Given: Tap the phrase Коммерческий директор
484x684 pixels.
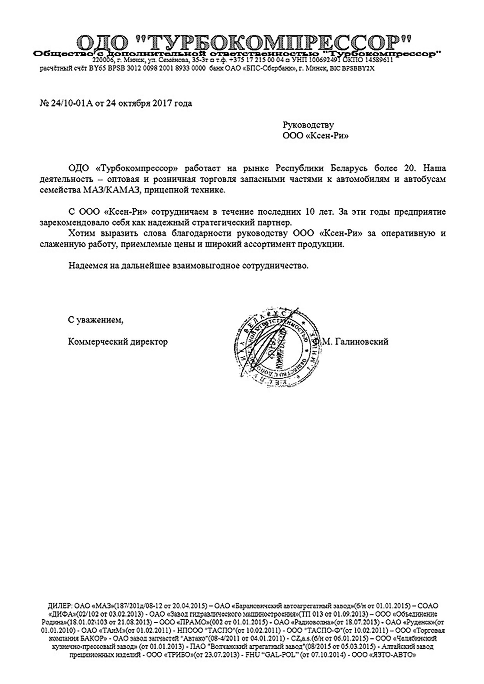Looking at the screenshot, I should (118, 342).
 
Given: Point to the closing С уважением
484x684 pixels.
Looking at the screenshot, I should (95, 320).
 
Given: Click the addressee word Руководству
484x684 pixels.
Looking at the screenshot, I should (308, 125).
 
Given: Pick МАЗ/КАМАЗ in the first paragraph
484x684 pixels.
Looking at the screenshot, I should (109, 190).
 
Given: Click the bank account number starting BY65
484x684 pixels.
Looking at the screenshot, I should (148, 68).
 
